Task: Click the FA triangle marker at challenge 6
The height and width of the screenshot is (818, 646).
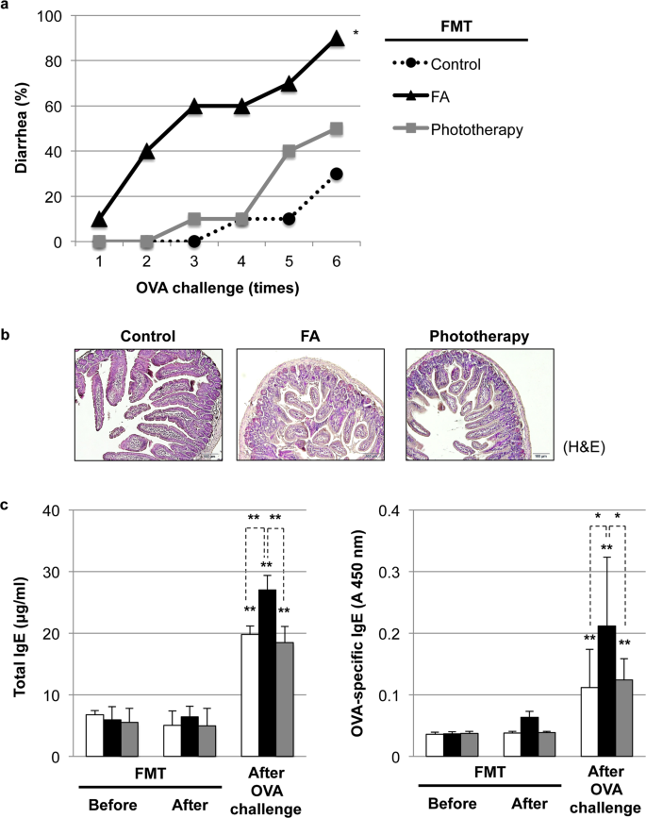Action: coord(336,39)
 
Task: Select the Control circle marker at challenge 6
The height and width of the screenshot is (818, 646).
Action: coord(336,174)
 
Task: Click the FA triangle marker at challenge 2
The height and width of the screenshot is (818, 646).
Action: coord(147,151)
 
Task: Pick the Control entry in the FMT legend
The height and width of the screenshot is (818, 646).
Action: coord(456,64)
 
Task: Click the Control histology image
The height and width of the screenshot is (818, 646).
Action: coord(148,404)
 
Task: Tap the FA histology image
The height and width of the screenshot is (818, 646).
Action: coord(310,404)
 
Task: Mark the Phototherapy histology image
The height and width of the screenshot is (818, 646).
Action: coord(480,404)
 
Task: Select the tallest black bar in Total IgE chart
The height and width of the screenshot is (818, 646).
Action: coord(267,673)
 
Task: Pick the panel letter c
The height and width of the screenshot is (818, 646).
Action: coord(8,502)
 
